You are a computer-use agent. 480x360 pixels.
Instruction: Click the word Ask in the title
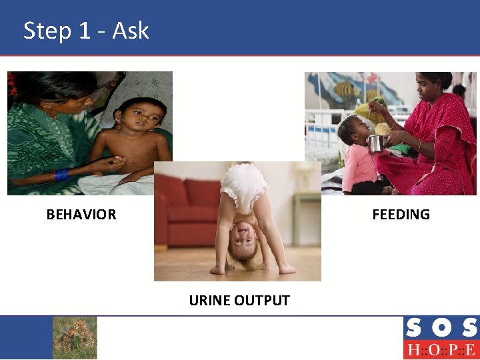point(131,31)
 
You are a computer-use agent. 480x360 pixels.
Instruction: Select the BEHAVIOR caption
point(81,215)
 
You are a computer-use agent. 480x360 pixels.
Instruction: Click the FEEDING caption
point(401,215)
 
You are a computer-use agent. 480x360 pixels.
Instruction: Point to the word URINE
point(209,301)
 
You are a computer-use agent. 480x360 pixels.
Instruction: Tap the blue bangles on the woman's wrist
point(61,175)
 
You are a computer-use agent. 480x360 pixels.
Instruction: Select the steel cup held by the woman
point(376,143)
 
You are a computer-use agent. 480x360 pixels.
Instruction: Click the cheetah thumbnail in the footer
point(75,337)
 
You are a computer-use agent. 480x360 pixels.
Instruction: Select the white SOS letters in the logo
point(441,328)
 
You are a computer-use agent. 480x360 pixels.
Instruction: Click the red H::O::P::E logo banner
point(441,350)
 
